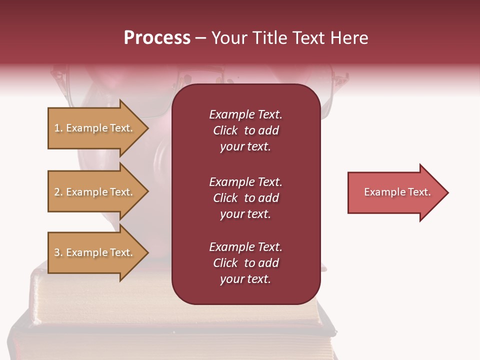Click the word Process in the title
[x=157, y=38]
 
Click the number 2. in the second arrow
[x=58, y=192]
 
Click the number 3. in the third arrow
[x=58, y=252]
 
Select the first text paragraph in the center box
[x=245, y=130]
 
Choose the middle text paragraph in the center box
[x=245, y=198]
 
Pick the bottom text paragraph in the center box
[x=245, y=263]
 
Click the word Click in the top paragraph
[x=225, y=130]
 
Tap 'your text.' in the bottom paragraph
[x=245, y=279]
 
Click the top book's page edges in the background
[x=100, y=300]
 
